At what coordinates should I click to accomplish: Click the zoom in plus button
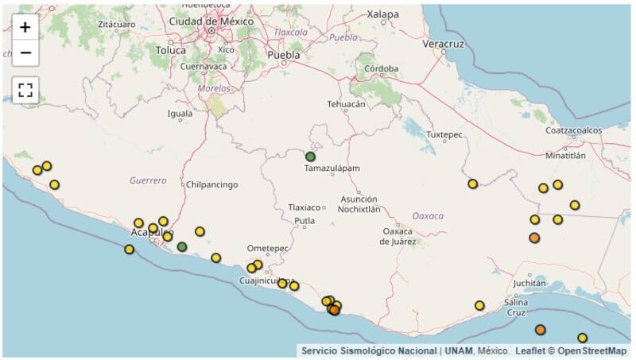click(25, 27)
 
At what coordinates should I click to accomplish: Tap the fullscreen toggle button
click(25, 90)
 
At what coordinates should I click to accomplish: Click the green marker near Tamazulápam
click(310, 157)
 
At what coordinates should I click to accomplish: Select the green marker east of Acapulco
click(182, 246)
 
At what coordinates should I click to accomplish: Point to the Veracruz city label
click(443, 44)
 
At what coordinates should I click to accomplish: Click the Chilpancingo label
click(211, 184)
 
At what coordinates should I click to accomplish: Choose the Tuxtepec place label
click(444, 134)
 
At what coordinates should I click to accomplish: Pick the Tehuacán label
click(347, 104)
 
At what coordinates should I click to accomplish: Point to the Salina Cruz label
click(517, 307)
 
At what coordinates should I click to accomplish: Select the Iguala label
click(180, 113)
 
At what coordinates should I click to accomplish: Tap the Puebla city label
click(284, 55)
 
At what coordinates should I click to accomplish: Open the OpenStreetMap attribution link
click(591, 350)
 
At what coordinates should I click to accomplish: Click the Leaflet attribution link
click(532, 350)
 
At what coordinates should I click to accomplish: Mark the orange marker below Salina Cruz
click(541, 330)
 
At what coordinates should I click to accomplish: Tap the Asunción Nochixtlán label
click(359, 203)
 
